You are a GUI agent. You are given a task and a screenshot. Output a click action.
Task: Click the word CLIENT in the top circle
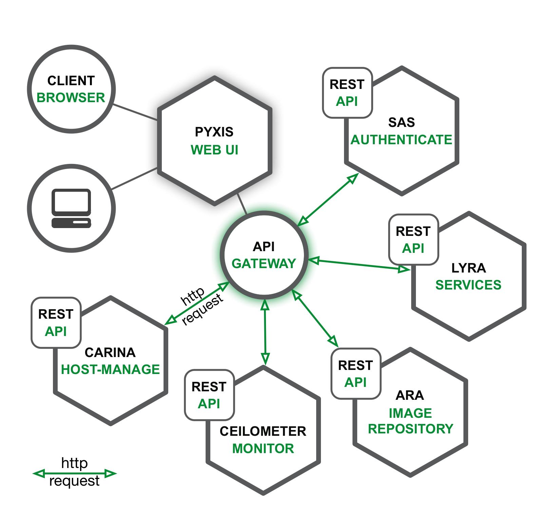pos(71,81)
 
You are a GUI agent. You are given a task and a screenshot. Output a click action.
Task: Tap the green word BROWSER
pos(71,98)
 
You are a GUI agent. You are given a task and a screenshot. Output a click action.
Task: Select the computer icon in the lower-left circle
pos(71,208)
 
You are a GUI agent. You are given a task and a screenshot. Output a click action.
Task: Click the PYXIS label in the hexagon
pos(214,132)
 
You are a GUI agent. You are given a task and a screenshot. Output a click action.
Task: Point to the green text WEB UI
pos(214,150)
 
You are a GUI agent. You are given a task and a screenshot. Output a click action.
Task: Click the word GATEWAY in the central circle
pos(264,264)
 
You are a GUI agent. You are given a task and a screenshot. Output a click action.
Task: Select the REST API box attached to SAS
pos(347,93)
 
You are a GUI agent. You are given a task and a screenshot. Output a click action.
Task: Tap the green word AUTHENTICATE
pos(401,140)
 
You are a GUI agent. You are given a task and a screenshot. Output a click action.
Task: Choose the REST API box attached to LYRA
pos(413,240)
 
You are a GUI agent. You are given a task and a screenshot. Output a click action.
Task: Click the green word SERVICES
pos(468,285)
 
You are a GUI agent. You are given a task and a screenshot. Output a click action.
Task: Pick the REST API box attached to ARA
pos(356,374)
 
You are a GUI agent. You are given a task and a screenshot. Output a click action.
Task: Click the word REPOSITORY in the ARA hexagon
pos(410,429)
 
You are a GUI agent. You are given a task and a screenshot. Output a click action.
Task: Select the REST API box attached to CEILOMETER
pos(209,395)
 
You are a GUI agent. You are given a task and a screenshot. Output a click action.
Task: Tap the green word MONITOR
pos(263,449)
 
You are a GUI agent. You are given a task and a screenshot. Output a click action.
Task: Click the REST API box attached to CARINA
pos(56,323)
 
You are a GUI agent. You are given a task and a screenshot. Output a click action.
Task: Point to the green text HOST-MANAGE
pos(110,370)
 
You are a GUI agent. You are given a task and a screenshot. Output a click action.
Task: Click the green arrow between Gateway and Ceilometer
pos(265,333)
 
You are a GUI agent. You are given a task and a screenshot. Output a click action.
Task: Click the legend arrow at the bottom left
pos(75,473)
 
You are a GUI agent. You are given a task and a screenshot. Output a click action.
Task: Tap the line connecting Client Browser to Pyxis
pos(135,112)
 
